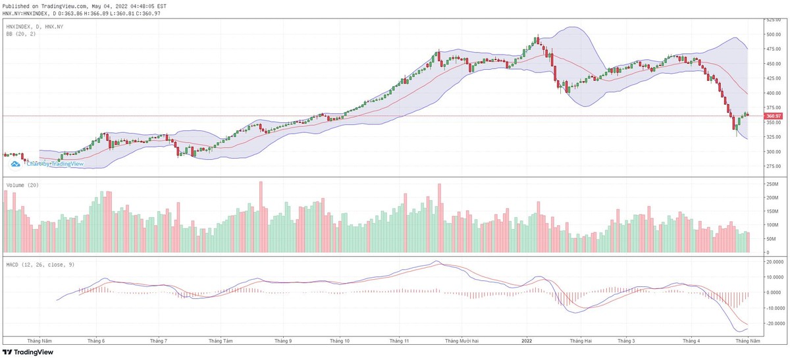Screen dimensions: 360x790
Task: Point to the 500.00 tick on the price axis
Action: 772,34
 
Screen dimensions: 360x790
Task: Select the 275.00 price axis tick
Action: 772,167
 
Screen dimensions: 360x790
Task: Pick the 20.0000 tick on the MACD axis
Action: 772,262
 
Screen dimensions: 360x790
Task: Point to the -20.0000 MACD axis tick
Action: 772,324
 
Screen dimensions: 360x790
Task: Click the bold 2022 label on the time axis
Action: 527,341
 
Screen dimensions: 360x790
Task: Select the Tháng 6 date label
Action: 96,341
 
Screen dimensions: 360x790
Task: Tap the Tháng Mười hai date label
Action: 461,341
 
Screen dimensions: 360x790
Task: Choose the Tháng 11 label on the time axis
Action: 399,341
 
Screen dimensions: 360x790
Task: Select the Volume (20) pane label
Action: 22,186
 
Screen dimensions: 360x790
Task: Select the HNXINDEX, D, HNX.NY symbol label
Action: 34,26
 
